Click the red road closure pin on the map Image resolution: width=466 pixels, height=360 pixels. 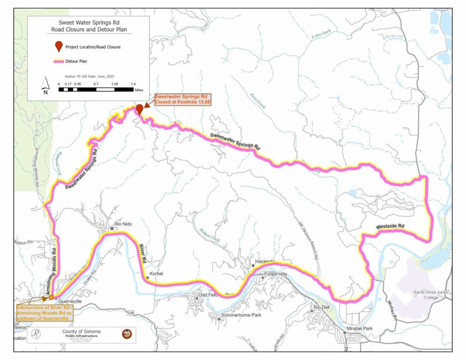[x=139, y=109]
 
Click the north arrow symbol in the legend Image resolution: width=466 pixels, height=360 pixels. [x=45, y=86]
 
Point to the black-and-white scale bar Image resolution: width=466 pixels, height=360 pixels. [x=96, y=89]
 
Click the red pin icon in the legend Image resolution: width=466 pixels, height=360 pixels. [x=59, y=47]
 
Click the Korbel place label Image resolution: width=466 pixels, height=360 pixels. [x=156, y=274]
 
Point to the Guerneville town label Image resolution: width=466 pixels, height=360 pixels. [x=70, y=301]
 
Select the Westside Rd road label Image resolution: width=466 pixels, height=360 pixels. [x=390, y=226]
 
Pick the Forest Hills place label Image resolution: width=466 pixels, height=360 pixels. [x=275, y=274]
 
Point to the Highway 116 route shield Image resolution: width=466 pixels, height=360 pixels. [x=130, y=313]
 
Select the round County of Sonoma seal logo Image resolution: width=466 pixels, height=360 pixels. [x=127, y=334]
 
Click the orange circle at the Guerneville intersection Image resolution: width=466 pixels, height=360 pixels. [x=51, y=297]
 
